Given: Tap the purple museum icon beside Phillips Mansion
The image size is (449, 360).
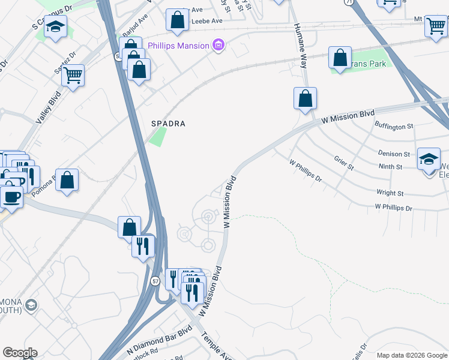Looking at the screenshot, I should point(218,46).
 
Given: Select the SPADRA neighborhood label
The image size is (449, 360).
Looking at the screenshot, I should point(168,124).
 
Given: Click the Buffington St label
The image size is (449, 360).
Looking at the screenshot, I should point(394,126).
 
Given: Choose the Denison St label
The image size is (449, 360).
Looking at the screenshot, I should point(393,154).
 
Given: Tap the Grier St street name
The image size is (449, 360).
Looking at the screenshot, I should point(344,163).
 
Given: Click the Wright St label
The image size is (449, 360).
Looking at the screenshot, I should point(390,193).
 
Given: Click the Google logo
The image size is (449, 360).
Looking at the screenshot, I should point(19,353).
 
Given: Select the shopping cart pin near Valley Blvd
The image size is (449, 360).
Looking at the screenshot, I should point(73,76).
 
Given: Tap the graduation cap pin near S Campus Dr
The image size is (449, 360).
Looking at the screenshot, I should point(56,27).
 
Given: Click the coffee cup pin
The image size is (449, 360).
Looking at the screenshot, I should point(11,197).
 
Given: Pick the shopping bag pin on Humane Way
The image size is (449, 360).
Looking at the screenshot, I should point(305,98).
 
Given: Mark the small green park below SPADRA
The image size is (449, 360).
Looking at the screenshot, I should point(157,137).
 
